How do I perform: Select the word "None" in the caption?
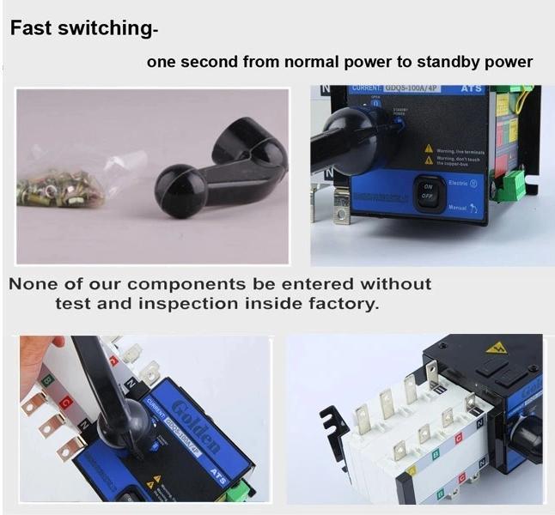point(35,283)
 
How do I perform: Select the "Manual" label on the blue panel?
point(459,207)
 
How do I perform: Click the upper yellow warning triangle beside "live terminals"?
point(428,148)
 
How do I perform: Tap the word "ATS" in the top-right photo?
point(473,88)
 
